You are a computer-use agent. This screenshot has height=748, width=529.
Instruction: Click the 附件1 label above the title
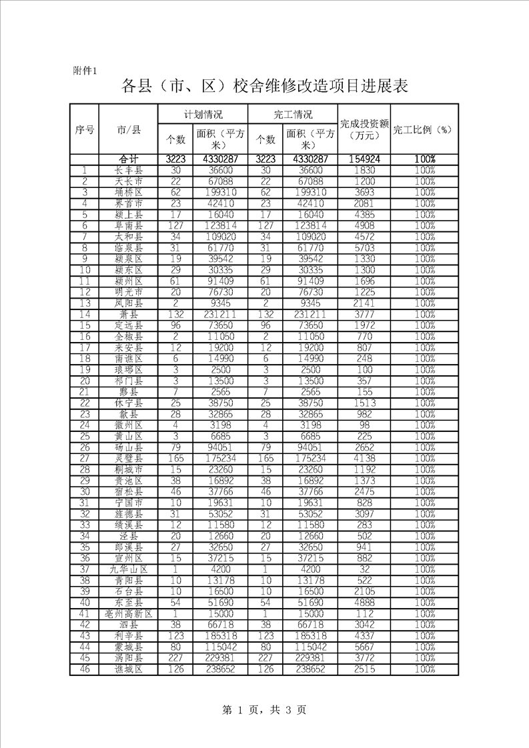point(85,71)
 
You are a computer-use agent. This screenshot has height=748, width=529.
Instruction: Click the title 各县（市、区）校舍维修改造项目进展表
point(265,87)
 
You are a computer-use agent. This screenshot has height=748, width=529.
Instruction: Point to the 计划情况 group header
point(203,114)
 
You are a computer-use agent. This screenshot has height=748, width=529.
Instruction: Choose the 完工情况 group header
point(293,114)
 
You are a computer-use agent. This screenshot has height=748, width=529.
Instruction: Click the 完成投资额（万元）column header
point(364,129)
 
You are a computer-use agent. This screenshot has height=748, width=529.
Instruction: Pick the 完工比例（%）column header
point(424,129)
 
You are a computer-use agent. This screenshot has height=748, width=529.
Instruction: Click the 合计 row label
point(128,159)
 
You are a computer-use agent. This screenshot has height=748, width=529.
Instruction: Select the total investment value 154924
point(364,159)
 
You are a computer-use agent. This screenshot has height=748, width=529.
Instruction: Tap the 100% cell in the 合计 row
point(424,159)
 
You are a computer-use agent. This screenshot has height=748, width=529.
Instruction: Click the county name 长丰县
point(128,171)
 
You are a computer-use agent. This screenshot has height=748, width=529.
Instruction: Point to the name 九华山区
point(128,569)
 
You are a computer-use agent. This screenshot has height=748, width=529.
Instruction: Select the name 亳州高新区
point(128,613)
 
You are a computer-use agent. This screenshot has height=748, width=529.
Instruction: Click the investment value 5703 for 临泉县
point(364,248)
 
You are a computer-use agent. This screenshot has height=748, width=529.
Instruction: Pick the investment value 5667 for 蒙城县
point(364,647)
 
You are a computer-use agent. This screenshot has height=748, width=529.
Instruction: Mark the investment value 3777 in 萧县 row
point(364,315)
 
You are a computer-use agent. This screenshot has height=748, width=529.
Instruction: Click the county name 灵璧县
point(128,459)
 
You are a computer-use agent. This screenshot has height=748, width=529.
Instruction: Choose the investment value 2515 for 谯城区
point(364,669)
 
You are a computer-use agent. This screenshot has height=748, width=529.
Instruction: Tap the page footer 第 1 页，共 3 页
point(265,710)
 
